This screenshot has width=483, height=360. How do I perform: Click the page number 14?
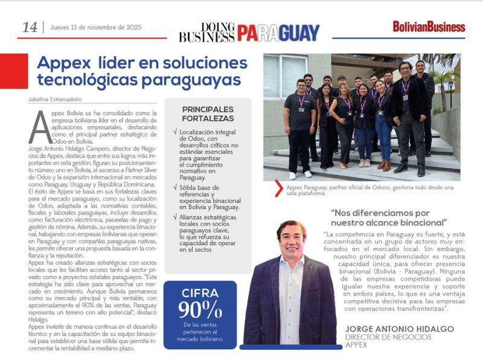coord(30,27)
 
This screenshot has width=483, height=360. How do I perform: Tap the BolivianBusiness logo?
coord(429,27)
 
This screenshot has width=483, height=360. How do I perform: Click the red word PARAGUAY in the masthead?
coord(278,33)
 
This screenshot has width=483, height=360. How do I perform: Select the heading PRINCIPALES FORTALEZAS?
coord(208,114)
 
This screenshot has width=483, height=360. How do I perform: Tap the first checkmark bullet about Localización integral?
coord(174,131)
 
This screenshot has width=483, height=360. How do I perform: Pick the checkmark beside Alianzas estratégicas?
coord(174,216)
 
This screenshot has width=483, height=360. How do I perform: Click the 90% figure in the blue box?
coord(199,310)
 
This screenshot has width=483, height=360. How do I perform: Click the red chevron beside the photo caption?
coord(278,189)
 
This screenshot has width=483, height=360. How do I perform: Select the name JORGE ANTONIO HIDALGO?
coord(391,329)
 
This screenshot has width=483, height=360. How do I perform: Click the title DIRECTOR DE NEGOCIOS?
coord(388,336)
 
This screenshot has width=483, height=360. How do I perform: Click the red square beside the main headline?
coord(14,71)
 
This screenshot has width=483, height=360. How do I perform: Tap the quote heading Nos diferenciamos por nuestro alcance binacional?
coord(388,217)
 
